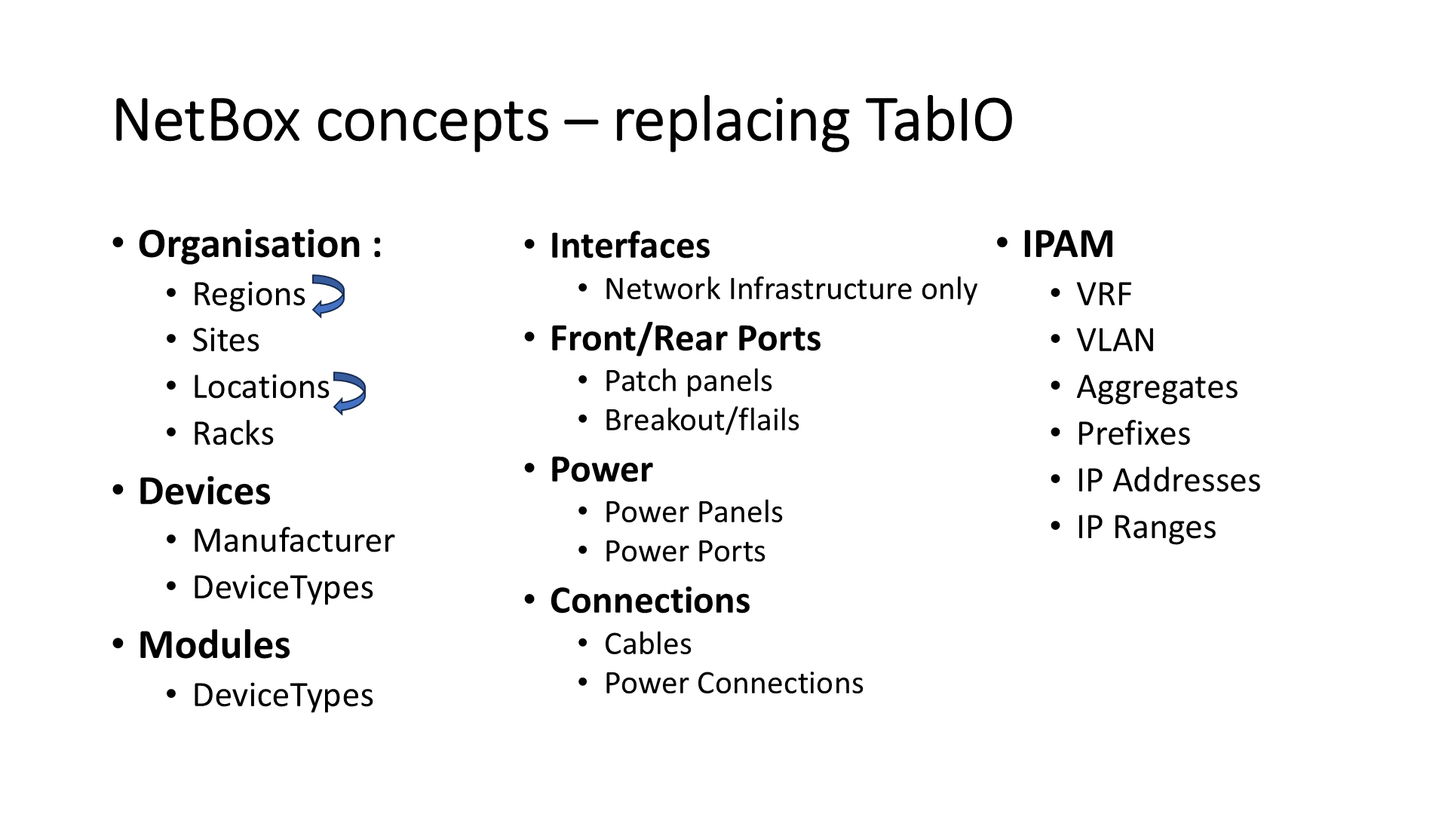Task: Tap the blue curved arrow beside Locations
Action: (349, 392)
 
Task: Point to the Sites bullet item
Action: (225, 341)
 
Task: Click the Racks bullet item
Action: (233, 434)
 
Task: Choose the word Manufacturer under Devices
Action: (293, 541)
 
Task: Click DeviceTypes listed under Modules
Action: (283, 695)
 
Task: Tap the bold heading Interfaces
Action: (630, 246)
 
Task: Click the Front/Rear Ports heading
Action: (685, 339)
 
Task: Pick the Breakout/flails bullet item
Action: (701, 421)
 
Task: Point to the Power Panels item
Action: (693, 513)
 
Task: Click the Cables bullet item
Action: (648, 644)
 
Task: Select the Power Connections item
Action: (733, 684)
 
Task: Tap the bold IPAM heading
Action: (1068, 245)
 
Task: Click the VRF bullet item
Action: (1104, 295)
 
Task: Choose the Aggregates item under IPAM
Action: (1157, 388)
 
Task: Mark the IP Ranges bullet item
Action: (1146, 528)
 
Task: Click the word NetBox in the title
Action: (206, 121)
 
